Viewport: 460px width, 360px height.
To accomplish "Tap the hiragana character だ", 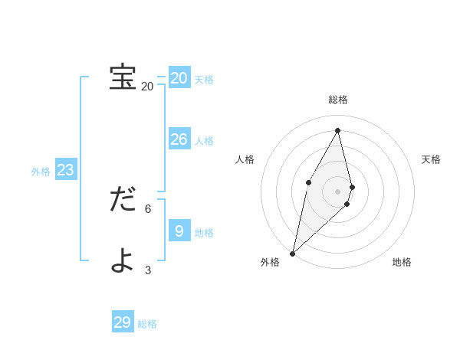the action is tap(123, 200).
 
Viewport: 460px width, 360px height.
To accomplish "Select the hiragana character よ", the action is tap(123, 260).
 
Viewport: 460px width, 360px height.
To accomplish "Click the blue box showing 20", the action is tap(179, 77).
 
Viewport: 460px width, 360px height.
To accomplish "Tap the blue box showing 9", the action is tap(179, 231).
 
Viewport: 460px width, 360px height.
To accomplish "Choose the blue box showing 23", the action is tap(66, 170).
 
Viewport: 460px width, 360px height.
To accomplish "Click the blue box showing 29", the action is tap(123, 322).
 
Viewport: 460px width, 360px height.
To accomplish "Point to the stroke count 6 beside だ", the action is tap(148, 208).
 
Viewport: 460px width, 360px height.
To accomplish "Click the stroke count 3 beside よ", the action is tap(148, 269).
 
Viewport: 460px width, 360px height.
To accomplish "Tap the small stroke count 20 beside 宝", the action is tap(147, 87).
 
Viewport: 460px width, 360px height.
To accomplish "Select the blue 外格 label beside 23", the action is tap(41, 172).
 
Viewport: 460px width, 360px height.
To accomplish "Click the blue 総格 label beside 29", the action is tap(147, 324).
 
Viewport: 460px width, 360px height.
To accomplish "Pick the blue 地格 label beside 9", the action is tap(204, 233).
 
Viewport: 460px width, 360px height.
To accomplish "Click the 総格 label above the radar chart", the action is tap(338, 100).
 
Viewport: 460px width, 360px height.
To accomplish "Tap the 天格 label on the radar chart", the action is tap(431, 159).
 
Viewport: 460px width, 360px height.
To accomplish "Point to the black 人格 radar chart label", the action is tap(245, 159).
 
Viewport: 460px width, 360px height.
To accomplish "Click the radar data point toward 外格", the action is tap(293, 253).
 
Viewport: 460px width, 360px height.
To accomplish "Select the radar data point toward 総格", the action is tap(338, 130).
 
